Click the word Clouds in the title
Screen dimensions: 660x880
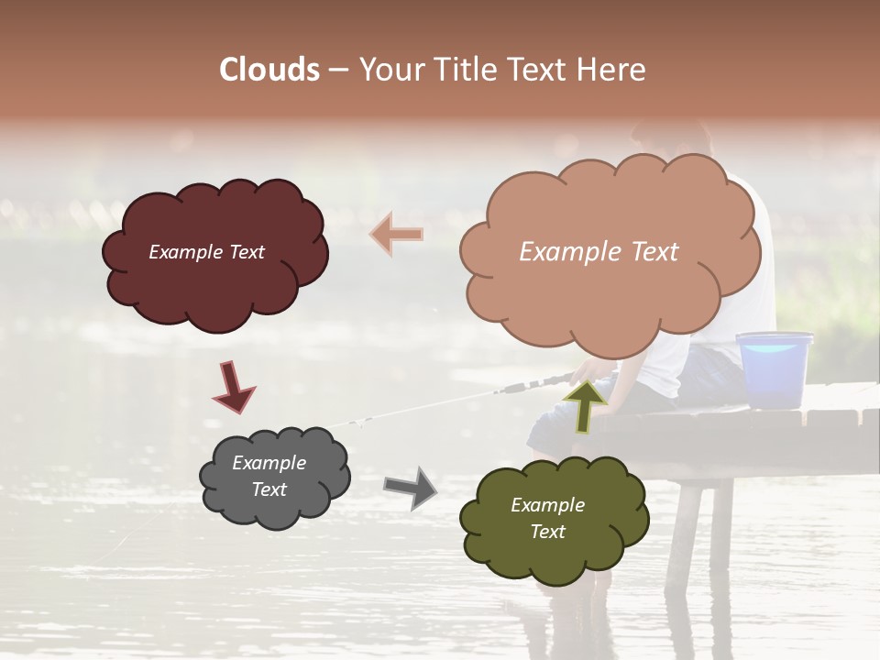[269, 70]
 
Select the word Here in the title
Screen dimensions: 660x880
[613, 70]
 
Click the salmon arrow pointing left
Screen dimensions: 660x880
[395, 234]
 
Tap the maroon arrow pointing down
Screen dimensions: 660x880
[233, 386]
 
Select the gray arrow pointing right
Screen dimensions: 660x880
[410, 487]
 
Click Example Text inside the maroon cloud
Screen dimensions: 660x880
[206, 252]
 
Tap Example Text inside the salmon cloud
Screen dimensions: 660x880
[599, 252]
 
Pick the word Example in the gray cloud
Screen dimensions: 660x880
[269, 463]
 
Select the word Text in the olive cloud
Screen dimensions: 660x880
[547, 532]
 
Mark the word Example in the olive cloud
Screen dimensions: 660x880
[547, 505]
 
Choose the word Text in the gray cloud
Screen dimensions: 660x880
[269, 489]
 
